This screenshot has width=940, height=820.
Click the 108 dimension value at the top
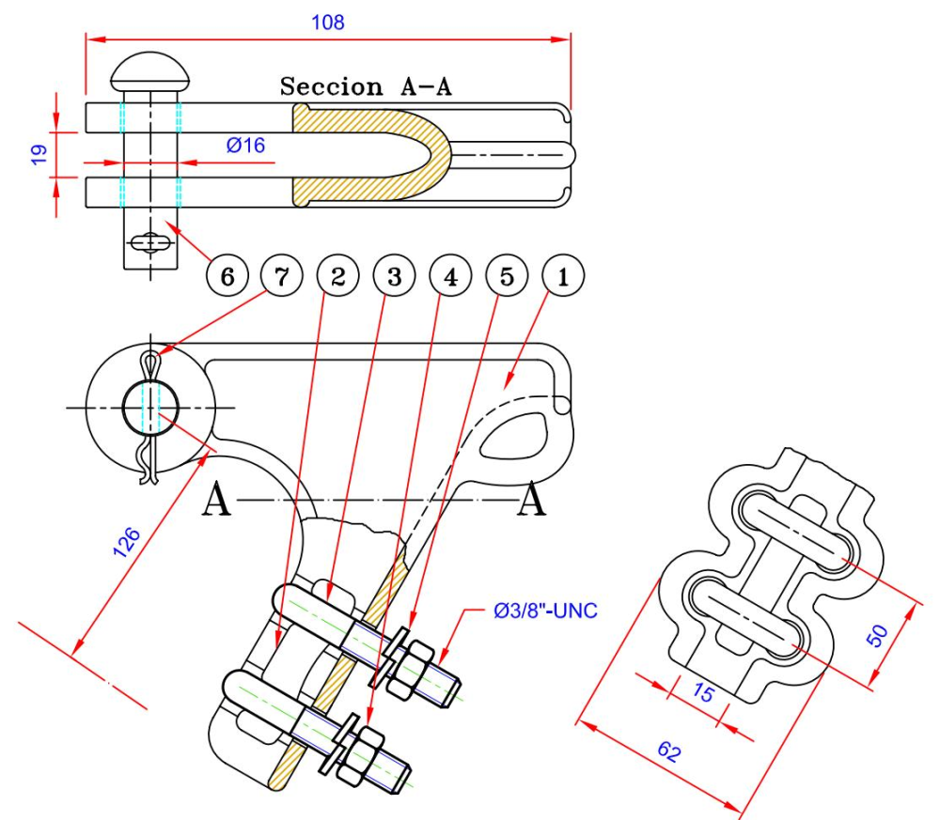pyautogui.click(x=328, y=22)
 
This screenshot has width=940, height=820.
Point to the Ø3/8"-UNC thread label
pyautogui.click(x=546, y=611)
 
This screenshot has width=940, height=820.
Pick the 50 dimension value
pyautogui.click(x=877, y=634)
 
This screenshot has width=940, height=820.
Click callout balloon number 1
pyautogui.click(x=563, y=276)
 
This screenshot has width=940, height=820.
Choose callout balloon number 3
pyautogui.click(x=392, y=276)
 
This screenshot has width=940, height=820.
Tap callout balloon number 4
pyautogui.click(x=449, y=276)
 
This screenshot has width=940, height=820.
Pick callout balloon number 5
pyautogui.click(x=506, y=276)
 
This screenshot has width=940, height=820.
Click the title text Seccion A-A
pyautogui.click(x=366, y=87)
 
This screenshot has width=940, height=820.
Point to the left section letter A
pyautogui.click(x=217, y=502)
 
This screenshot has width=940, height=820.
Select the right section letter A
pyautogui.click(x=532, y=502)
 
